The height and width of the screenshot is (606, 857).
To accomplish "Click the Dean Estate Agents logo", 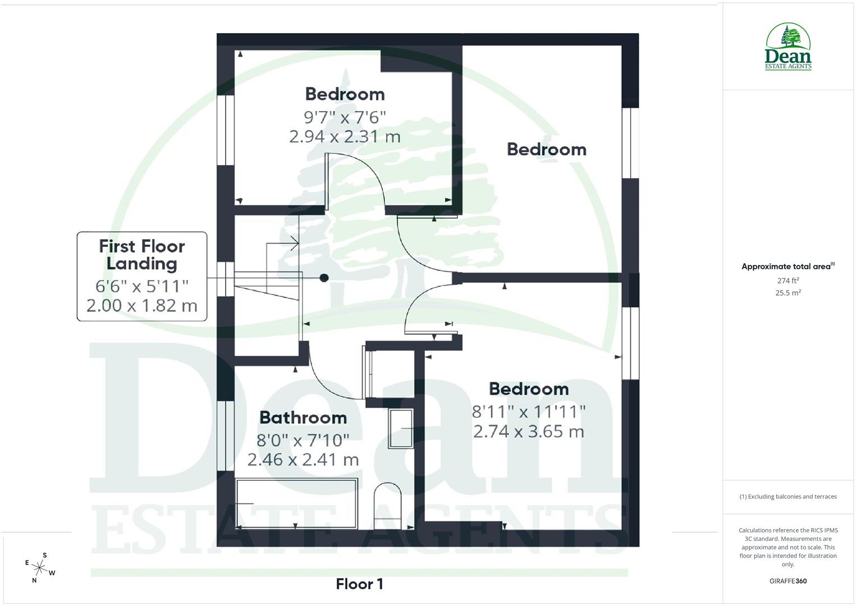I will [x=788, y=47].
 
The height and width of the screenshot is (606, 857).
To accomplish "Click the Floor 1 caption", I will [x=359, y=584].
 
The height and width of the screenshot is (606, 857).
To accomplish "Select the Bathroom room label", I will [x=303, y=417].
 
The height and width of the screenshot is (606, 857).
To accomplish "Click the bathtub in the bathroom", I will [x=296, y=503].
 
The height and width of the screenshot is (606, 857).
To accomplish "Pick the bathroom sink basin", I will [x=401, y=428].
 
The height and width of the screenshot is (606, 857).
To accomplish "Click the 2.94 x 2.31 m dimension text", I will [x=345, y=136].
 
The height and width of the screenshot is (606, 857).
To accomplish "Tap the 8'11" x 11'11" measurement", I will [x=529, y=412].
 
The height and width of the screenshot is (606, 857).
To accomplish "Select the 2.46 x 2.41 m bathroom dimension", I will [x=303, y=460].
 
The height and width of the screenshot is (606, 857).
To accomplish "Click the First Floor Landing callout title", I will [x=142, y=255].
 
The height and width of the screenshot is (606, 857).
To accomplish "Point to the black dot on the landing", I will [x=324, y=278].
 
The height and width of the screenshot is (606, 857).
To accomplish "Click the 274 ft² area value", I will [x=788, y=281].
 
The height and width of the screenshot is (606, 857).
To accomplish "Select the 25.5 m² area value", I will [x=788, y=292].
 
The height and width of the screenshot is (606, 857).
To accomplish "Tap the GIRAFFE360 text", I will [x=788, y=581].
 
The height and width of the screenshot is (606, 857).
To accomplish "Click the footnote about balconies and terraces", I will [x=788, y=497].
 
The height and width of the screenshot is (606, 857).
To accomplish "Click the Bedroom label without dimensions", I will [x=547, y=149].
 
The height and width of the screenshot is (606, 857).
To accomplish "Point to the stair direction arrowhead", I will [x=296, y=244].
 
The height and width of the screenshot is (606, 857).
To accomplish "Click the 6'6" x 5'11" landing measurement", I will [x=142, y=286].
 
